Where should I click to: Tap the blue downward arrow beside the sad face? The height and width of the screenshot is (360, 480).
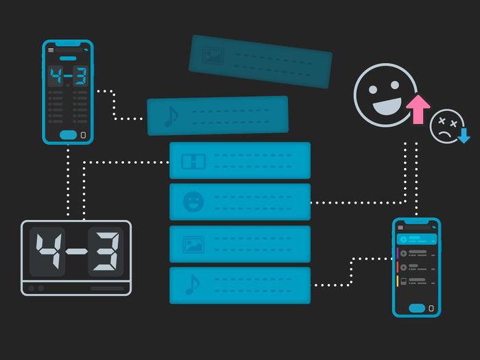pyautogui.click(x=464, y=136)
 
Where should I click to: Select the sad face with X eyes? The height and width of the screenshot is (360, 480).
pyautogui.click(x=446, y=125)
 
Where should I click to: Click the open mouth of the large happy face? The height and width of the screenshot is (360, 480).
pyautogui.click(x=387, y=106)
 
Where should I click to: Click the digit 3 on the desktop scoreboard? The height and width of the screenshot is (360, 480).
pyautogui.click(x=107, y=251)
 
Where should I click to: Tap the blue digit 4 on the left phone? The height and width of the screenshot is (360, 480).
pyautogui.click(x=56, y=76)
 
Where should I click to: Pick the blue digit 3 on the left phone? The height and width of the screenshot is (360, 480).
pyautogui.click(x=81, y=76)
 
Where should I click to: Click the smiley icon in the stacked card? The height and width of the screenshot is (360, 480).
pyautogui.click(x=193, y=202)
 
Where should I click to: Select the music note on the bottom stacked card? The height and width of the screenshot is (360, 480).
pyautogui.click(x=193, y=285)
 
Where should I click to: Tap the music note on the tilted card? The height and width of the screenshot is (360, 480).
pyautogui.click(x=171, y=117)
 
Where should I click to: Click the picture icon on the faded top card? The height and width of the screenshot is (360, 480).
pyautogui.click(x=213, y=56)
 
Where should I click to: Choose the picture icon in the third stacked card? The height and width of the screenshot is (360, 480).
pyautogui.click(x=193, y=245)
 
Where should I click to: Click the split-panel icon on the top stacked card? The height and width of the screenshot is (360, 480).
pyautogui.click(x=193, y=161)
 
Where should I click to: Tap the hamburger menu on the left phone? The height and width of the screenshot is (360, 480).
pyautogui.click(x=51, y=50)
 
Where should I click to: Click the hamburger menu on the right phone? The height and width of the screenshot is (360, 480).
pyautogui.click(x=400, y=228)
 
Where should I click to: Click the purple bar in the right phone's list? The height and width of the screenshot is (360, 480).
pyautogui.click(x=397, y=253)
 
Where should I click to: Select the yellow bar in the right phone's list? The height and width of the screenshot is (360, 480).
pyautogui.click(x=397, y=281)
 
